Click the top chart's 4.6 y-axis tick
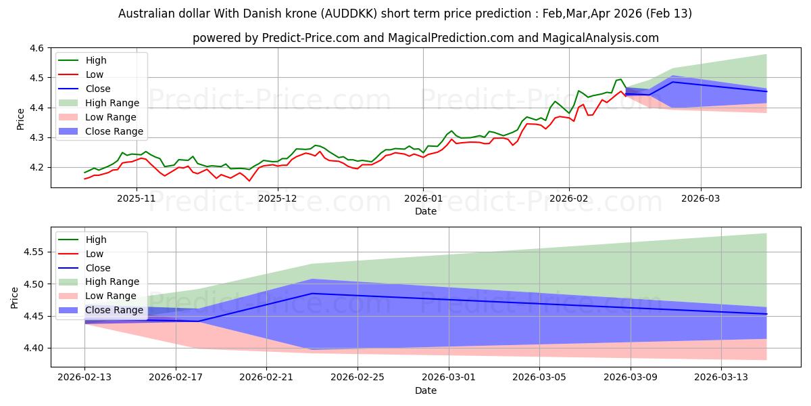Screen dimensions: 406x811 [36, 48]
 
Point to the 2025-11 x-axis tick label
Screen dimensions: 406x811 [137, 198]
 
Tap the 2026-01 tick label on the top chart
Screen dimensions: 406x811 [423, 198]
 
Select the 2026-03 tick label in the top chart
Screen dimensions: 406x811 [700, 198]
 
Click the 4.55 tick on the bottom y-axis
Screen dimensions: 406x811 [33, 252]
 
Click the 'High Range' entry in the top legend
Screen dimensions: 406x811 [112, 103]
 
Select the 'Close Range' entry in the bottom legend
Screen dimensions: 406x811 [114, 310]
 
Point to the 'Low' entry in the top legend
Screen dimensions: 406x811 [95, 74]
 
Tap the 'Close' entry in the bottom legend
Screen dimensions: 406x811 [98, 268]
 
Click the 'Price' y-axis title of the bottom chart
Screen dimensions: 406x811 [15, 297]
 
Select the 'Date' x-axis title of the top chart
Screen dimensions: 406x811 [426, 211]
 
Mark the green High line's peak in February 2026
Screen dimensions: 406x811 [620, 79]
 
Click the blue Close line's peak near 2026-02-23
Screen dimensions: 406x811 [312, 293]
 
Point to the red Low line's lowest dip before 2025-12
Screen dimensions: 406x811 [249, 181]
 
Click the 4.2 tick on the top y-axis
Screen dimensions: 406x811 [36, 167]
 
